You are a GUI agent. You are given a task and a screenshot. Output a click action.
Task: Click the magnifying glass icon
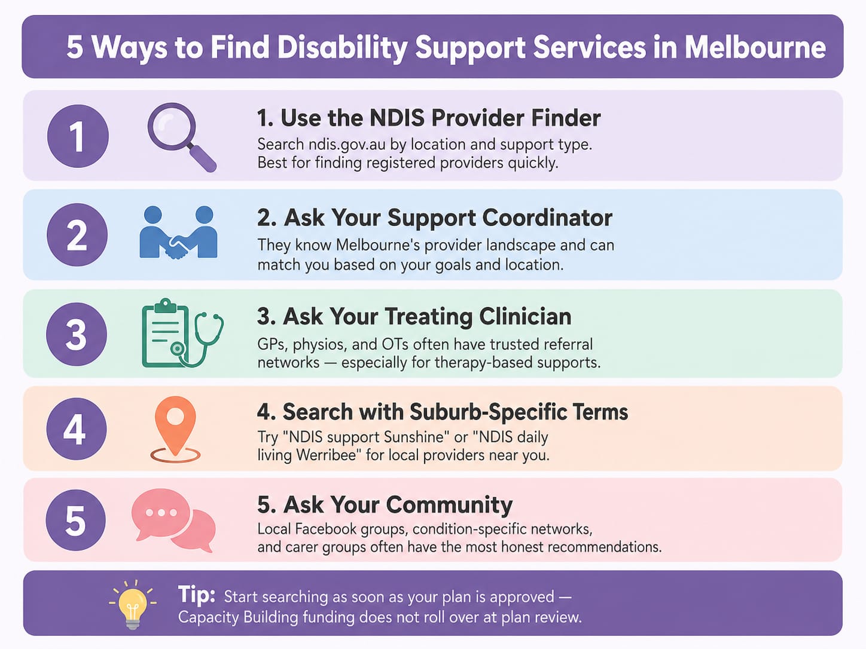coord(181,137)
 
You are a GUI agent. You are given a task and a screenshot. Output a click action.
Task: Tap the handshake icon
coord(178,232)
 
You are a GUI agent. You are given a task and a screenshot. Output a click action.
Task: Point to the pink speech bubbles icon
coord(173,521)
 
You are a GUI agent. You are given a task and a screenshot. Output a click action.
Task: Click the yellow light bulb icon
coord(133,604)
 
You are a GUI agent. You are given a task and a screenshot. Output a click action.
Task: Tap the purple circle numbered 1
coord(78,136)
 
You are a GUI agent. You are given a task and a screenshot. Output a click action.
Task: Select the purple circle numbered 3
coord(77,334)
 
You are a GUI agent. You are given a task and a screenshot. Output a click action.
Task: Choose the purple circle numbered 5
coord(76,520)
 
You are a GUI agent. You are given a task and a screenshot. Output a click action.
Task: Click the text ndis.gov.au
coord(347,145)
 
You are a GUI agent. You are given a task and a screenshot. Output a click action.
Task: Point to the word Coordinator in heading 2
coord(547,218)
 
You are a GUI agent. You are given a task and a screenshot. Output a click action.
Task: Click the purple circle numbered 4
coord(76,428)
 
